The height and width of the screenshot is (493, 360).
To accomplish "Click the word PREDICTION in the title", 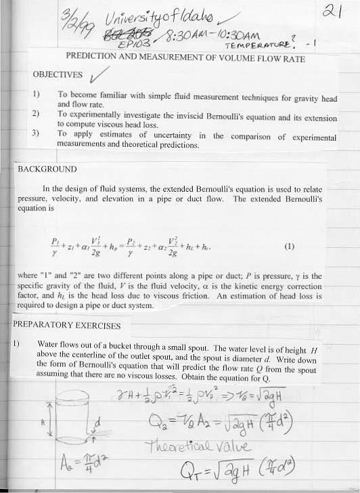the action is point(93,58).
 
